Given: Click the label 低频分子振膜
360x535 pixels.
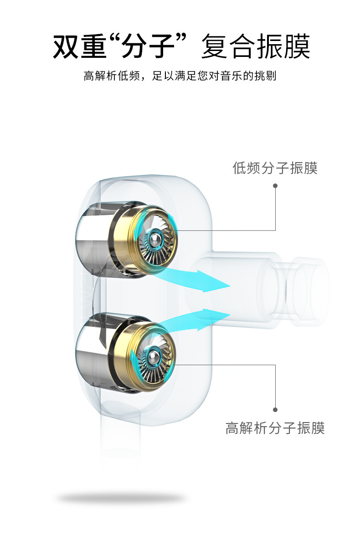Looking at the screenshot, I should (x=275, y=168).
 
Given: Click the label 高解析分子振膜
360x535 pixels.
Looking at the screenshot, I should (x=275, y=428).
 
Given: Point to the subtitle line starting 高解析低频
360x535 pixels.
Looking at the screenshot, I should (x=180, y=76).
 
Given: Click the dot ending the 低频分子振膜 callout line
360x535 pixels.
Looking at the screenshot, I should (x=275, y=186).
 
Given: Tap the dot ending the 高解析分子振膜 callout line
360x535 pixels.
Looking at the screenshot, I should (x=275, y=409).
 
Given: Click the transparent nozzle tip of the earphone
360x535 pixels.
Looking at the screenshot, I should (x=310, y=291).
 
